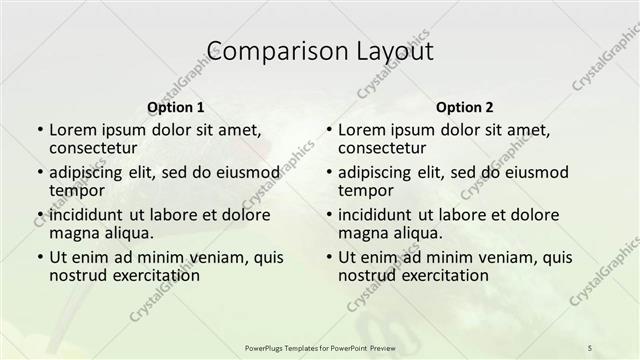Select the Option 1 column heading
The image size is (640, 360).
pos(176,107)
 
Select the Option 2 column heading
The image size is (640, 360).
pos(465,107)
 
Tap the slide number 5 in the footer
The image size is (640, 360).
pos(590,347)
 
